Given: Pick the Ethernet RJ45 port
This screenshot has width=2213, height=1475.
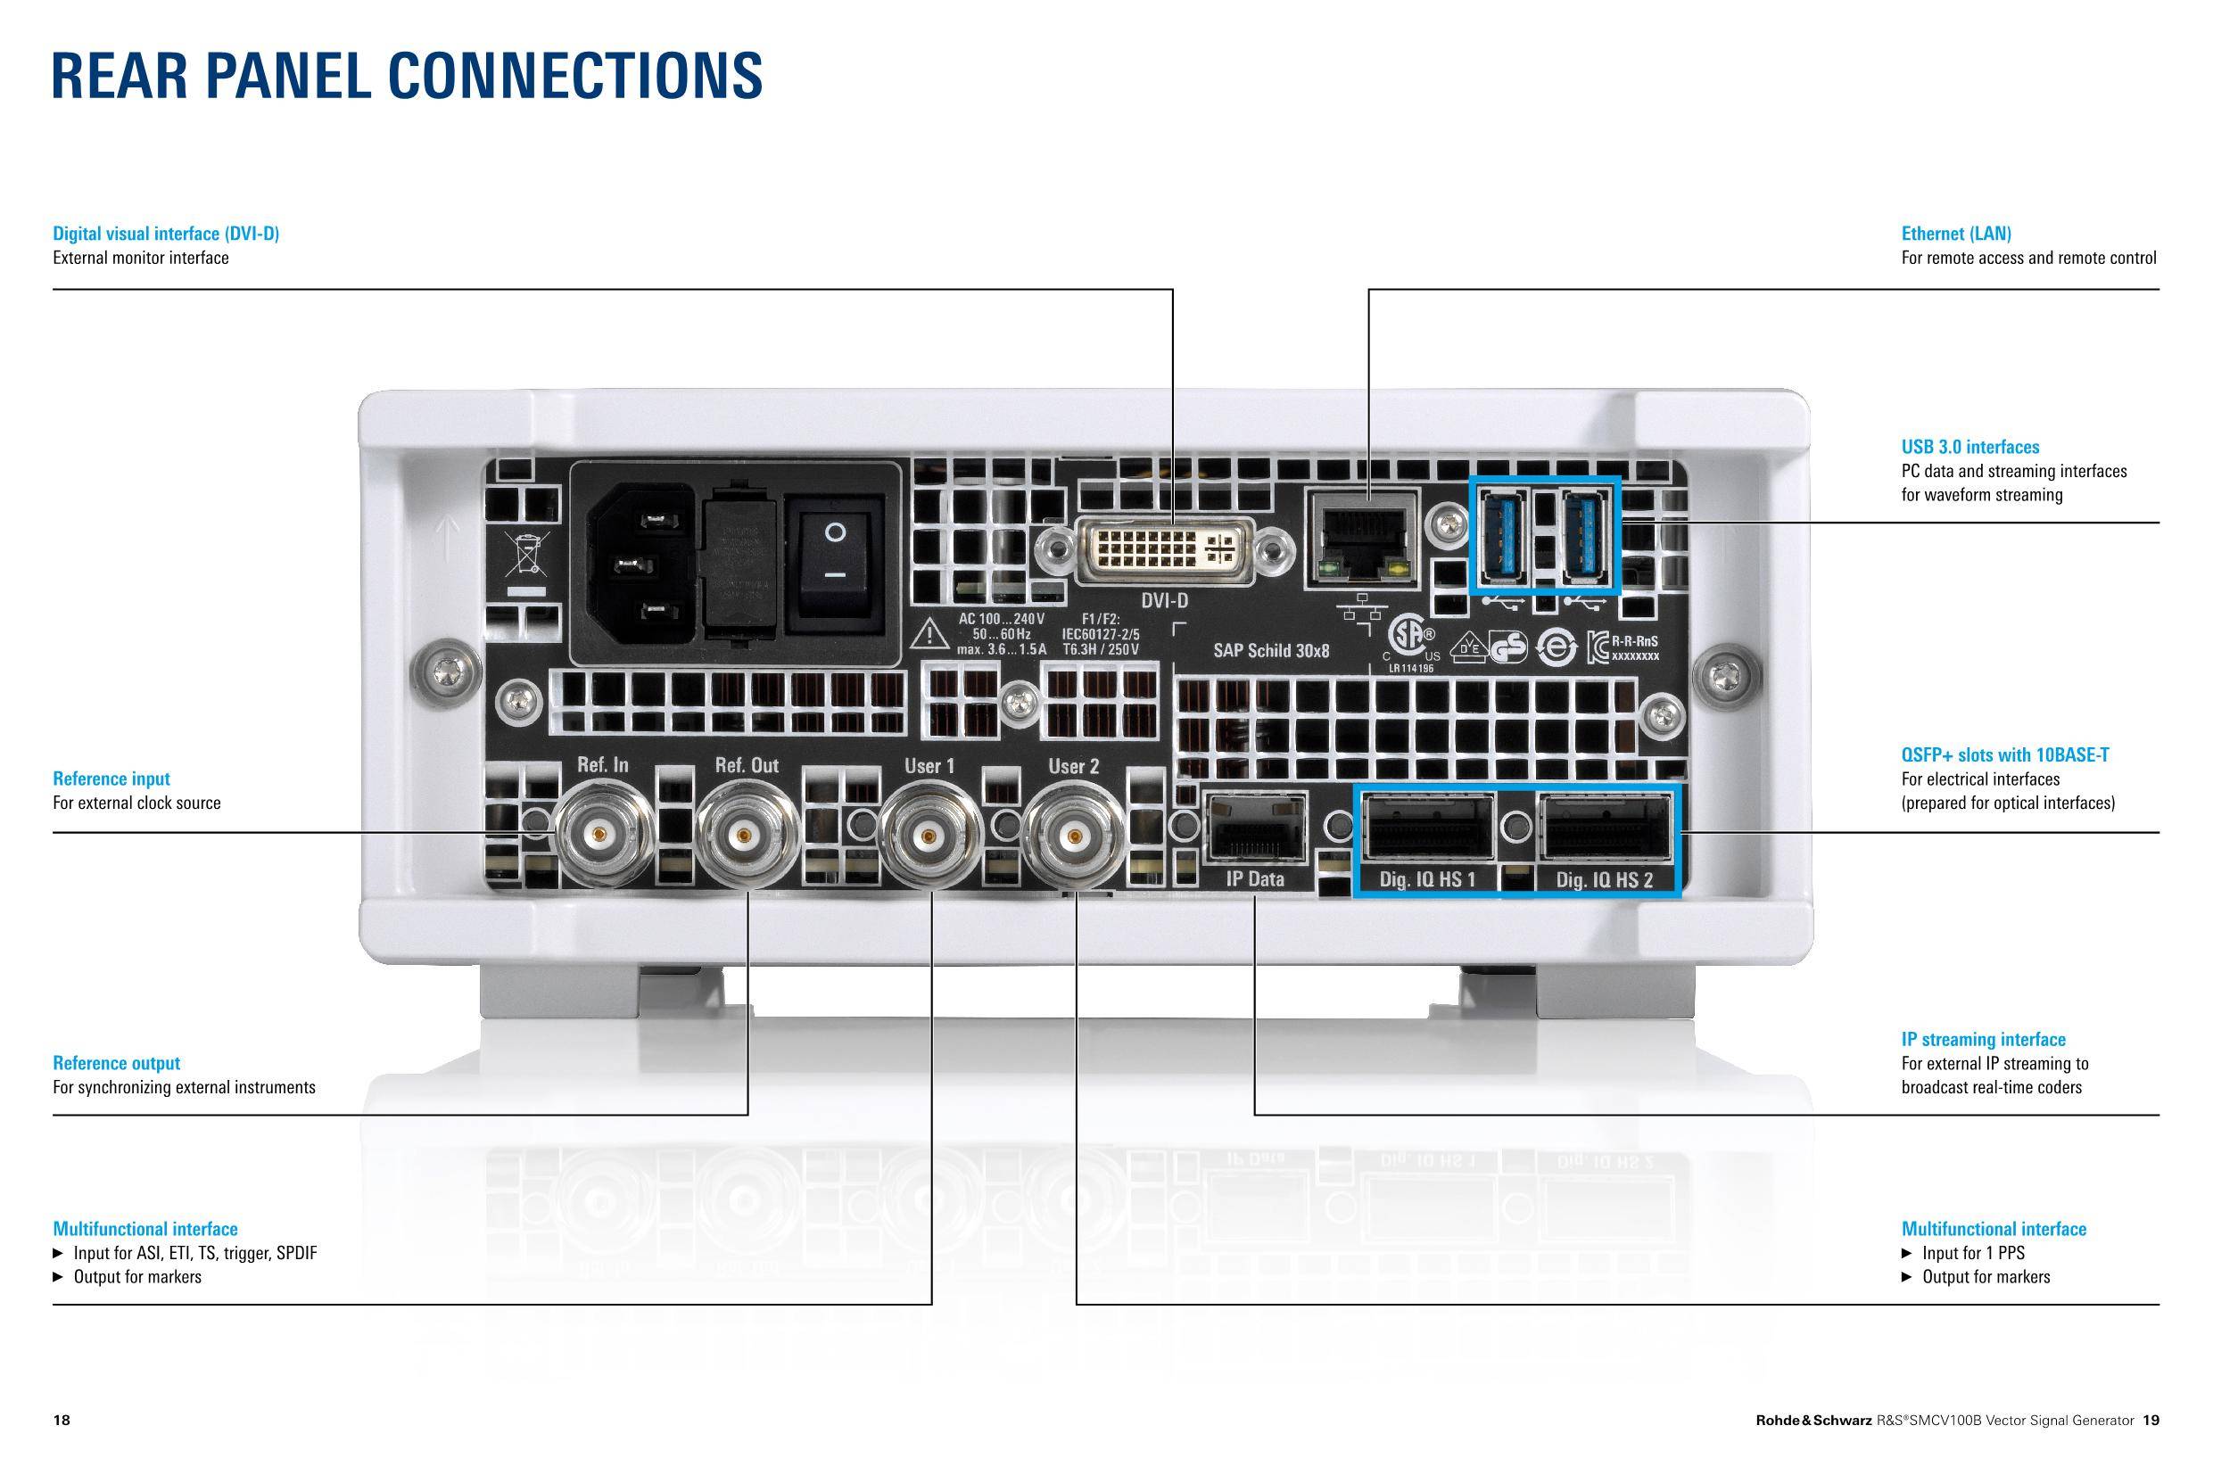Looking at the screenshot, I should (x=1361, y=536).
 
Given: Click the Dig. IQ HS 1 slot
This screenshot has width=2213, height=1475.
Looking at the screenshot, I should (x=1427, y=826).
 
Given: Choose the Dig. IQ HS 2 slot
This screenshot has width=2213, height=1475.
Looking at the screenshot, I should (x=1605, y=826).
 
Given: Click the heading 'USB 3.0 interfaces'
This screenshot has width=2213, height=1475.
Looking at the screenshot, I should (x=1970, y=447).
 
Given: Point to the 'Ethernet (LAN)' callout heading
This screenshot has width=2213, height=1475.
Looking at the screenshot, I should (x=1956, y=234).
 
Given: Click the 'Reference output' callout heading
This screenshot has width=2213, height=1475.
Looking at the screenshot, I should (x=117, y=1063).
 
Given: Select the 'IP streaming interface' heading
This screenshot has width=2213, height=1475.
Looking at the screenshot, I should (x=1984, y=1040).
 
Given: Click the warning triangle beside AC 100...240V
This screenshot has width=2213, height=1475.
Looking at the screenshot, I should (x=929, y=634).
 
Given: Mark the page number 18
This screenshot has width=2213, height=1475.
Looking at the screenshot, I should (x=62, y=1421).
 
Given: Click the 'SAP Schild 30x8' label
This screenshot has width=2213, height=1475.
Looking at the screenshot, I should (x=1271, y=651).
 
